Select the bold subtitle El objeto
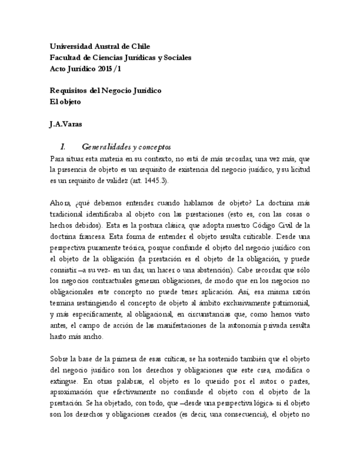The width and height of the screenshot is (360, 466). coord(65,102)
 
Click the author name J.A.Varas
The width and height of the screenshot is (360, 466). coord(66,124)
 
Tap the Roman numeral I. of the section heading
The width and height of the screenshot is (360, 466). coord(63,147)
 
